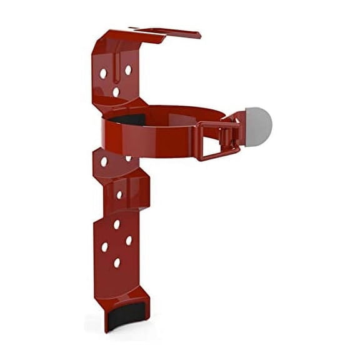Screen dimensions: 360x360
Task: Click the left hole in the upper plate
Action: pos(103,73)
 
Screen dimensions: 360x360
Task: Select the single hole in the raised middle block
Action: pos(119,194)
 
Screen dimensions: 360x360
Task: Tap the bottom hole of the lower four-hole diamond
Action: pos(117,262)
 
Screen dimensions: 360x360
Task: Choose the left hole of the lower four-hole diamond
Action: pos(104,246)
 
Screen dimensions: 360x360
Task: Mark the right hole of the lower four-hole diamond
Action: pos(128,240)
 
